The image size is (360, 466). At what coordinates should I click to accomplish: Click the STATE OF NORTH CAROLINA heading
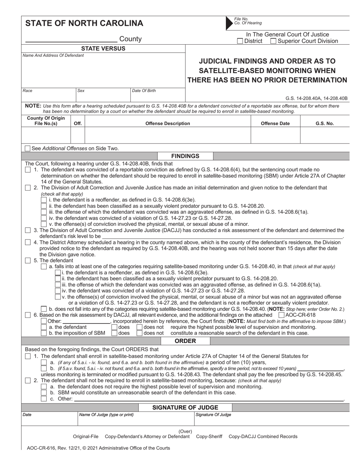[x=84, y=23]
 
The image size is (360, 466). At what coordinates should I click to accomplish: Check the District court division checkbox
[x=240, y=41]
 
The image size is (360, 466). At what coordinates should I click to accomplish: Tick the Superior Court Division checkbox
[x=273, y=41]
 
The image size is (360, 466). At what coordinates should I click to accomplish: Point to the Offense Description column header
[x=168, y=124]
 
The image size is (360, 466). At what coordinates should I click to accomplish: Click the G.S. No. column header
[x=324, y=124]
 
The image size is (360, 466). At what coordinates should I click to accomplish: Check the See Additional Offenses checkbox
[x=28, y=149]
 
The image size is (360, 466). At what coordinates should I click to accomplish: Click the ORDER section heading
[x=185, y=341]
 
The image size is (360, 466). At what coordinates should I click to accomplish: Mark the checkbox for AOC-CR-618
[x=281, y=315]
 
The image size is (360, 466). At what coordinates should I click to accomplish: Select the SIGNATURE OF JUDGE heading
[x=185, y=408]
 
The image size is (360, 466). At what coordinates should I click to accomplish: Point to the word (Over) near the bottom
[x=185, y=431]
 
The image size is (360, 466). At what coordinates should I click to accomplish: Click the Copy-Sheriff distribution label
[x=209, y=436]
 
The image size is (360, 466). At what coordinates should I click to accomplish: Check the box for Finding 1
[x=28, y=170]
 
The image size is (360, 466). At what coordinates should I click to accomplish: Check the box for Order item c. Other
[x=44, y=399]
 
